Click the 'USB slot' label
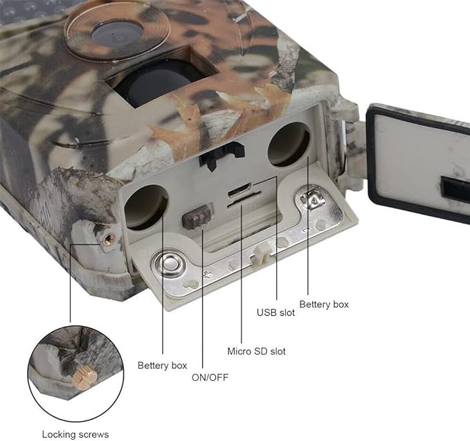(275, 312)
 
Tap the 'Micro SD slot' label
(256, 351)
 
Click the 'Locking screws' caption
(75, 434)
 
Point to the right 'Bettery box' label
(324, 304)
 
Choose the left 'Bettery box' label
(162, 365)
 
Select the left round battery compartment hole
(147, 206)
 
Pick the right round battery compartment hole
(289, 144)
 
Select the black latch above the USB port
(222, 155)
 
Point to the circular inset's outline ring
(28, 374)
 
